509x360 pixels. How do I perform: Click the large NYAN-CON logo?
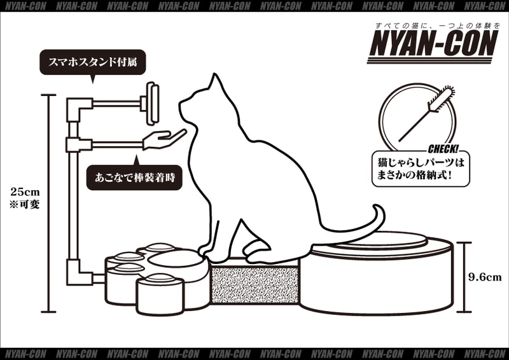[433, 43]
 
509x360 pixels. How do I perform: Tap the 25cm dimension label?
[25, 192]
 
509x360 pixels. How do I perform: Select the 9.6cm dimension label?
[485, 277]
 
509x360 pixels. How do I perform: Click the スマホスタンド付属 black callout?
[92, 62]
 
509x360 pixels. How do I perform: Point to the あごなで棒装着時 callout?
[134, 177]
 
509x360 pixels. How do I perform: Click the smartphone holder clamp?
[151, 103]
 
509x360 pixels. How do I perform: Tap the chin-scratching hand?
[164, 139]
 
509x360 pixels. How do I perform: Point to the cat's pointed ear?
[215, 82]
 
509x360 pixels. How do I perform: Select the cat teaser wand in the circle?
[426, 115]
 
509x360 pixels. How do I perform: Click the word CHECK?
[443, 149]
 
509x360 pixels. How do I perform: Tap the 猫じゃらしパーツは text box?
[421, 169]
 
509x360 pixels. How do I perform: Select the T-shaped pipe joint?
[78, 145]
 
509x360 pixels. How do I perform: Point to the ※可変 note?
[25, 205]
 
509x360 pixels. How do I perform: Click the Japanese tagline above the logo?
[438, 25]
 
